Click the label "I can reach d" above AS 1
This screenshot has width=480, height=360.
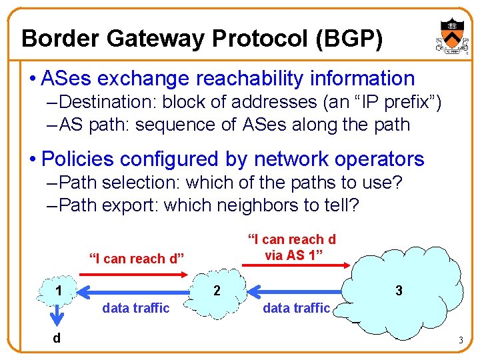click(x=136, y=258)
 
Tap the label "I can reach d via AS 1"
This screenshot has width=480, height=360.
click(x=291, y=246)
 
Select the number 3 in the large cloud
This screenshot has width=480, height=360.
click(x=399, y=291)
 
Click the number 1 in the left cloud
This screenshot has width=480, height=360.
click(x=59, y=291)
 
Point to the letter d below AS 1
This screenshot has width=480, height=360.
click(x=57, y=338)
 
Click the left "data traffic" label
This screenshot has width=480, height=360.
click(x=135, y=308)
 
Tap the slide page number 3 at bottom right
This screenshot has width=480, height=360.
click(x=460, y=341)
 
